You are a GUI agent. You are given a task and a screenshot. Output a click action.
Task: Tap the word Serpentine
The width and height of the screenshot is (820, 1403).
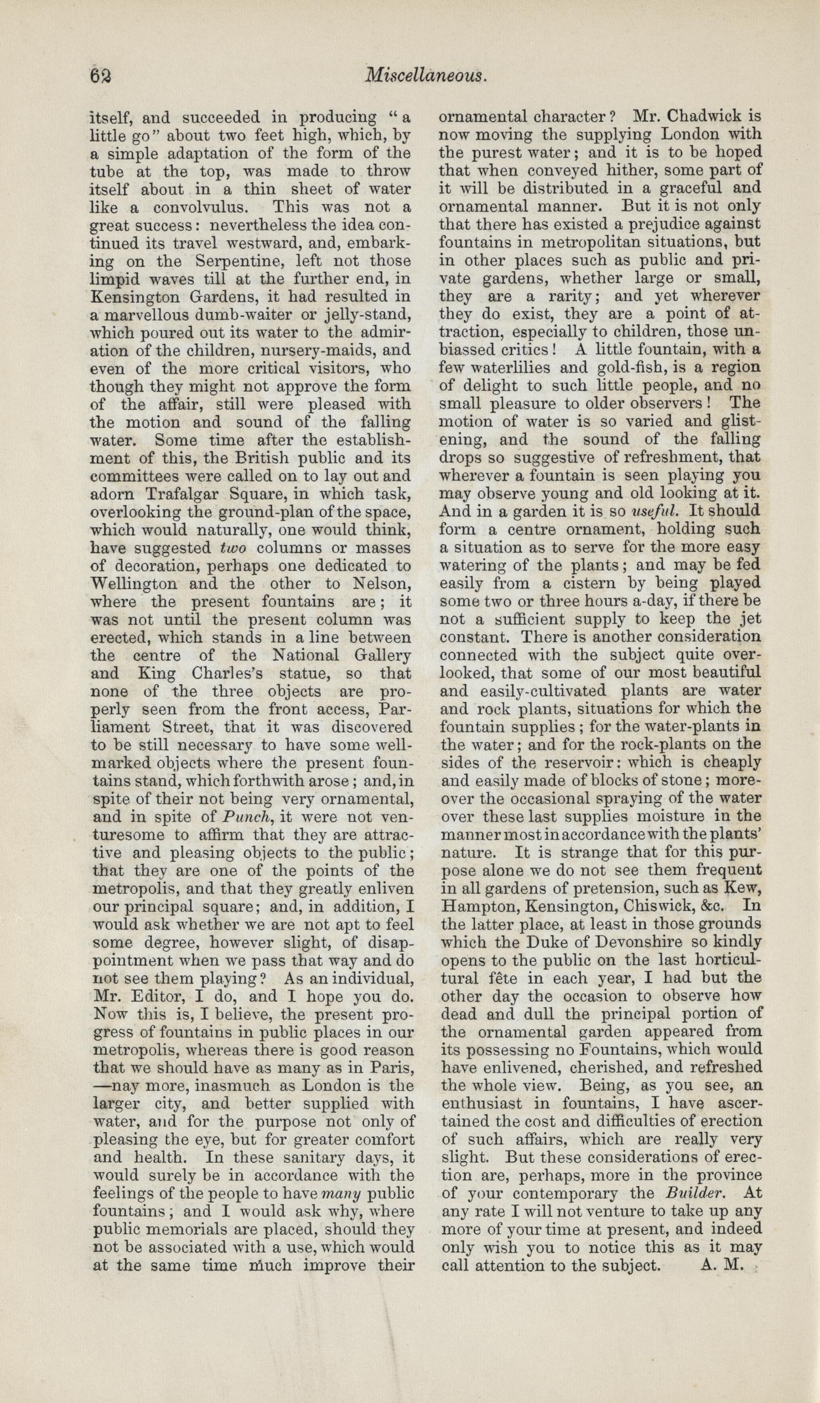coord(237,261)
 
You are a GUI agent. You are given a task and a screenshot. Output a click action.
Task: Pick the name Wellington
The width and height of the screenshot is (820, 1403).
coord(134,584)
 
